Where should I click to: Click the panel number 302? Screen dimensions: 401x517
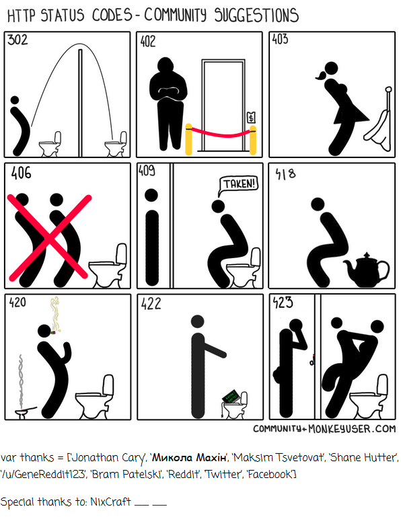(17, 40)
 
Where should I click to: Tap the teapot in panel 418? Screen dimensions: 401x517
(366, 270)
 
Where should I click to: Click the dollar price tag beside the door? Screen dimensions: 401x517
(251, 116)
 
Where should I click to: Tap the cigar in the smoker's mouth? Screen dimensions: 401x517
(53, 332)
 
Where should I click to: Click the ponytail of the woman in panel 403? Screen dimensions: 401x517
(321, 77)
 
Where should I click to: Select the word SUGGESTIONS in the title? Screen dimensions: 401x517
(256, 15)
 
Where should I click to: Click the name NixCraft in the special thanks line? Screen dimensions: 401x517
(110, 502)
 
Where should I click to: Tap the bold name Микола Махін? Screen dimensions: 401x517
(190, 458)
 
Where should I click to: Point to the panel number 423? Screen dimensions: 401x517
(283, 302)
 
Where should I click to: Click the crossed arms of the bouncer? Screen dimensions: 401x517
(169, 91)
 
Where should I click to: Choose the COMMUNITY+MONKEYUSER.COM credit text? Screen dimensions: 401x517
(324, 429)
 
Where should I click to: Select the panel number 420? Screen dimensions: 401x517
(17, 302)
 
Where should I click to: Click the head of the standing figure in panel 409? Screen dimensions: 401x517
(151, 195)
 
